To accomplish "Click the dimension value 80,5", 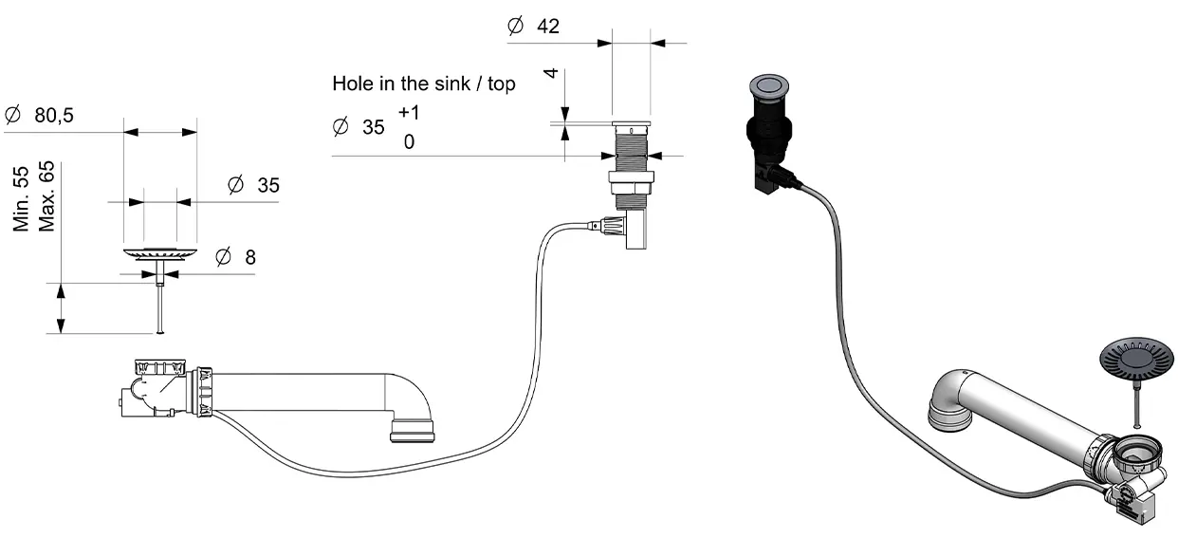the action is click(x=54, y=115).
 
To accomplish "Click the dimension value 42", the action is click(x=548, y=27).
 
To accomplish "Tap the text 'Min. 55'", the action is click(x=21, y=199).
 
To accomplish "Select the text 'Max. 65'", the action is click(x=46, y=196).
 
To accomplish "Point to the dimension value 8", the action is click(x=250, y=257).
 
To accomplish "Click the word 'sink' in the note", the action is click(x=452, y=83).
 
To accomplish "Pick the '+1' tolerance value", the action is click(x=409, y=113).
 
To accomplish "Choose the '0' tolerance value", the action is click(x=409, y=141).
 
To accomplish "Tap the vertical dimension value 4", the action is click(x=551, y=73).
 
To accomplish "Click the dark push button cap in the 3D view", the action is click(x=769, y=86).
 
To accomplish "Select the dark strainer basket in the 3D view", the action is click(x=1136, y=359).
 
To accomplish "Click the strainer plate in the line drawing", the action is click(x=160, y=253).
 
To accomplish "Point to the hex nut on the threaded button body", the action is click(x=631, y=182).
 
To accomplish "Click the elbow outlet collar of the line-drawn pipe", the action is click(x=413, y=430).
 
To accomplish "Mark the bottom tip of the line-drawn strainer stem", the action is click(x=160, y=332).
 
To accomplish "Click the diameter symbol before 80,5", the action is click(x=12, y=115).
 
